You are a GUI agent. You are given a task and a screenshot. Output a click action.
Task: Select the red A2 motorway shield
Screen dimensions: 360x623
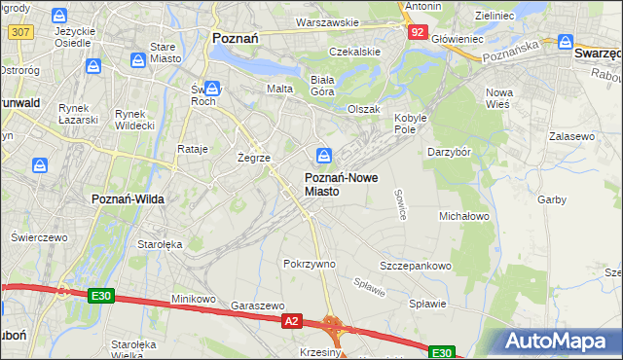pyautogui.click(x=291, y=319)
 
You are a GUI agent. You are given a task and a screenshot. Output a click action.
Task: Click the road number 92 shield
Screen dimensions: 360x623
pyautogui.click(x=417, y=31)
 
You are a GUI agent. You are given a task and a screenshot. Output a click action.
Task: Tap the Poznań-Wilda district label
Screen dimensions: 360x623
pyautogui.click(x=128, y=198)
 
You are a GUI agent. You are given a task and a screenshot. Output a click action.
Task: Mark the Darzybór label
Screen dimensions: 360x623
pyautogui.click(x=449, y=152)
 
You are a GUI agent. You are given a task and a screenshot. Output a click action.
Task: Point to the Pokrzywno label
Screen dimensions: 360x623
pyautogui.click(x=309, y=264)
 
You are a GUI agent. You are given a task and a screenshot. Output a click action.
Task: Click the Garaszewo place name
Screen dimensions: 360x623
pyautogui.click(x=257, y=305)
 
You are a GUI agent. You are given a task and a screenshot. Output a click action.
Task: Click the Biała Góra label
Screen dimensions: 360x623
pyautogui.click(x=322, y=86)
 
